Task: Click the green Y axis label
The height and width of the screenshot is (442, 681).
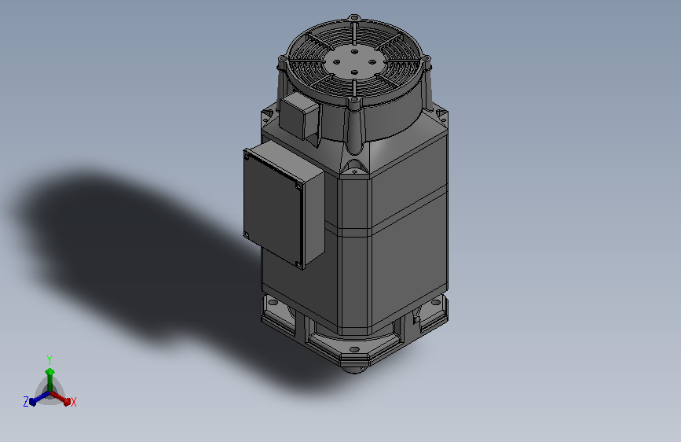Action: tap(49, 359)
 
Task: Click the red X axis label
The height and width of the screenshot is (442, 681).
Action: tap(73, 402)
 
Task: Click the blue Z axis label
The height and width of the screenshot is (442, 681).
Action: tap(26, 402)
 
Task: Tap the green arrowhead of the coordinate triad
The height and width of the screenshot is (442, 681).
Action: tap(50, 372)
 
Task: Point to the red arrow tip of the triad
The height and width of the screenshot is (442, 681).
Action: tap(67, 401)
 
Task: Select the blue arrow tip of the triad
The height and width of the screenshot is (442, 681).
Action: tap(33, 402)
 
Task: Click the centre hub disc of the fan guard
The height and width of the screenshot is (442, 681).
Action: tap(354, 61)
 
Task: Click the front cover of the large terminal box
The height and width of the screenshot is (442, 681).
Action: tap(273, 208)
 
